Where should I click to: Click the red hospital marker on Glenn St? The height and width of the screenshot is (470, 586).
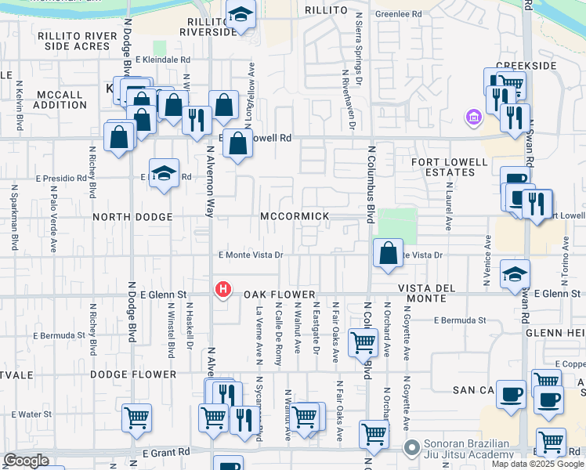pyautogui.click(x=223, y=290)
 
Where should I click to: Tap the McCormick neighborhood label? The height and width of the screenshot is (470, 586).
pyautogui.click(x=301, y=216)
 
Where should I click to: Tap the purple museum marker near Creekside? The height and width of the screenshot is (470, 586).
pyautogui.click(x=473, y=118)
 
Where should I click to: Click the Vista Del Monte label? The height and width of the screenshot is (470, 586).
pyautogui.click(x=427, y=295)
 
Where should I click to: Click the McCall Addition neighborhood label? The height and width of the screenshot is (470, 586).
pyautogui.click(x=60, y=99)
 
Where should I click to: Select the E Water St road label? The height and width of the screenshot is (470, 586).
pyautogui.click(x=31, y=414)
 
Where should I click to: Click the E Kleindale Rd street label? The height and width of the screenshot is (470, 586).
pyautogui.click(x=162, y=60)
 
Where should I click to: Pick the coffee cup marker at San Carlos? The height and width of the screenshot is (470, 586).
pyautogui.click(x=511, y=394)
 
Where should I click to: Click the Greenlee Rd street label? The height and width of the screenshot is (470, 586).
pyautogui.click(x=398, y=14)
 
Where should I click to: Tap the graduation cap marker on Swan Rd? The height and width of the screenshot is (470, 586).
pyautogui.click(x=515, y=273)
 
